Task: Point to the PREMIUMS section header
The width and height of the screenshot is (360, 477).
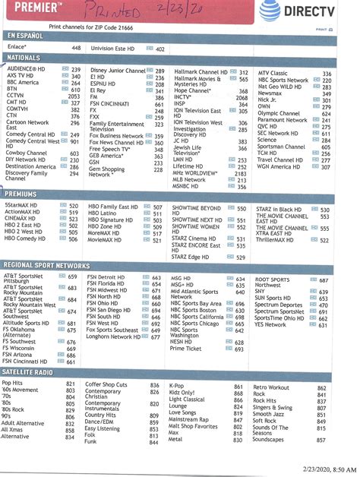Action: (23, 195)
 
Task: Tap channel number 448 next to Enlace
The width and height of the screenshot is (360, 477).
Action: (76, 48)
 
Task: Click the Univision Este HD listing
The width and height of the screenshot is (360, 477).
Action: (122, 48)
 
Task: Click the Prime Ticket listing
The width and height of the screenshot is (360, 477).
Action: (187, 349)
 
